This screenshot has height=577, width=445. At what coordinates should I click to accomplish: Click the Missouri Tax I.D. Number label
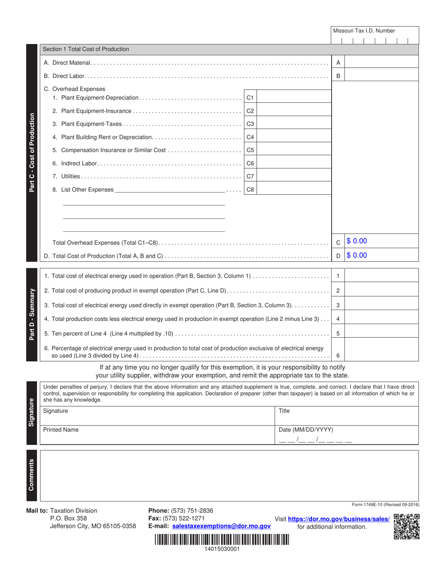(x=363, y=31)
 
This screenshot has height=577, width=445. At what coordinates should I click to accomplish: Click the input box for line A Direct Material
(x=381, y=62)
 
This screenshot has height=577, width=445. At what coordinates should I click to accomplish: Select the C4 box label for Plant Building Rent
(x=250, y=137)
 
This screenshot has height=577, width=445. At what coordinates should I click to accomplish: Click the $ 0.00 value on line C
(x=357, y=241)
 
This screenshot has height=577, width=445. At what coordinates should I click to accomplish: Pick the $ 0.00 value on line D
(x=357, y=256)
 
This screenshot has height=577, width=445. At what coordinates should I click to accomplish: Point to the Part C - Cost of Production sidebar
(x=32, y=152)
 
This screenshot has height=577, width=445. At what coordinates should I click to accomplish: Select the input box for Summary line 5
(x=381, y=334)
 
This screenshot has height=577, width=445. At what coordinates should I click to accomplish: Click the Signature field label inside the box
(x=55, y=411)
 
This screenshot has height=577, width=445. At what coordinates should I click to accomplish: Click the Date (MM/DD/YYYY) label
(x=305, y=430)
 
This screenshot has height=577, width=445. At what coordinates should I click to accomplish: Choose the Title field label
(x=284, y=411)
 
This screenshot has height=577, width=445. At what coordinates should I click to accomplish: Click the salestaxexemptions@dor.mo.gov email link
(x=222, y=526)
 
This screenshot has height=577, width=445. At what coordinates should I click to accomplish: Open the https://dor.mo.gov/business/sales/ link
(x=339, y=519)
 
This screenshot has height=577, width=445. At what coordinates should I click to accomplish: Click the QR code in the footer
(x=406, y=527)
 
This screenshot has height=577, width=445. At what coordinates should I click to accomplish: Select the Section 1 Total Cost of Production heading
(x=86, y=49)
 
